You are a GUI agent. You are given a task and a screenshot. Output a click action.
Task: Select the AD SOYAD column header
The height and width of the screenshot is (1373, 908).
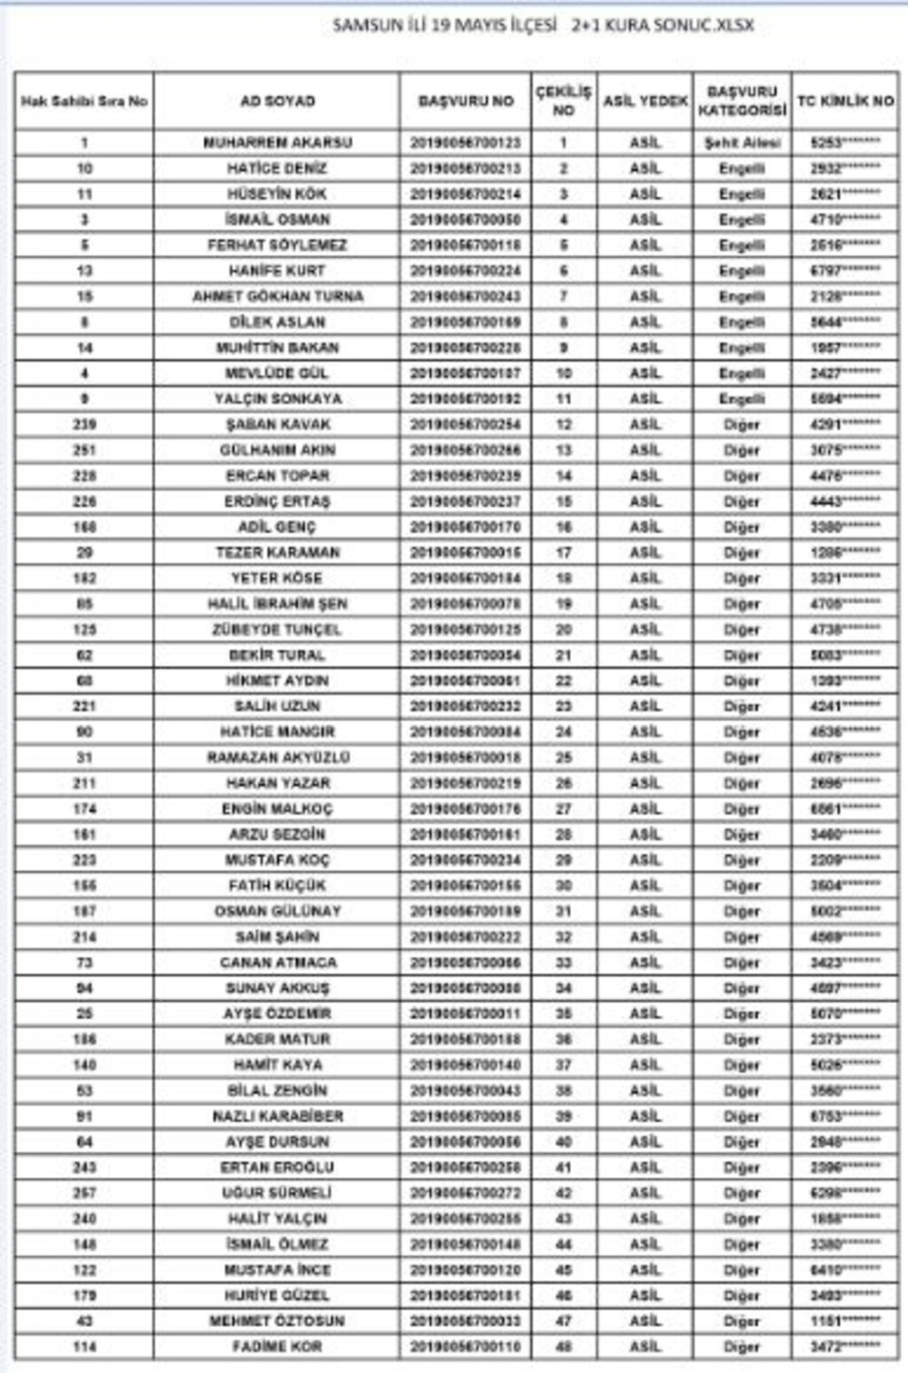[278, 101]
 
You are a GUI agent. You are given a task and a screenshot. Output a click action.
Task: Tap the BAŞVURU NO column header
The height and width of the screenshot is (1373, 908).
[466, 101]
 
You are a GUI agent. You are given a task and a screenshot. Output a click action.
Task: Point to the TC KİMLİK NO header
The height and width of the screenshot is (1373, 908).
[845, 101]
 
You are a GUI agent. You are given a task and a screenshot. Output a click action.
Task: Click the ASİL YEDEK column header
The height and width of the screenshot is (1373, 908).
[646, 101]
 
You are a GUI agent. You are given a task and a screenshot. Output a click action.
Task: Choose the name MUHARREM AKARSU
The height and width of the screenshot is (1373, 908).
[278, 142]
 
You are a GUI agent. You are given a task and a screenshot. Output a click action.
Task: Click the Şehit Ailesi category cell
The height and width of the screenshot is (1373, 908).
[742, 142]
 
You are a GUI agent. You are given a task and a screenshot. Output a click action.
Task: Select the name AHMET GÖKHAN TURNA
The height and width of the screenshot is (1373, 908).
[278, 296]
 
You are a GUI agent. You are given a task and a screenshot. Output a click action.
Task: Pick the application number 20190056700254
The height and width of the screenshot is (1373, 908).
[466, 424]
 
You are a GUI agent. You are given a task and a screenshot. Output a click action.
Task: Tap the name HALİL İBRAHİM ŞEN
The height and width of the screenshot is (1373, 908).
[278, 604]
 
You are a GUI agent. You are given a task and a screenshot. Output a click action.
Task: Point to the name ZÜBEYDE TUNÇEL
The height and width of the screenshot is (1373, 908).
[278, 630]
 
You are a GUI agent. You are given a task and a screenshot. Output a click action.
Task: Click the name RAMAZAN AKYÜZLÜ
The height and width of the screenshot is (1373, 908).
[278, 757]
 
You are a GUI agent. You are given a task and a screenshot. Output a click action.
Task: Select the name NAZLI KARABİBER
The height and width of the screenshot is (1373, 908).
[278, 1116]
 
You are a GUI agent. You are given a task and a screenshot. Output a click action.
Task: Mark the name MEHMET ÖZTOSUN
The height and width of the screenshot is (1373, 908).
[278, 1321]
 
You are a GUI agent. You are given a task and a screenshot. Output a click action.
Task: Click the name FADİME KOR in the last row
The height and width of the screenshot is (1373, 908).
[278, 1346]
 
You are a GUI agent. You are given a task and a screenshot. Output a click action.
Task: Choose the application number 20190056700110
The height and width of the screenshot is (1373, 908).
[466, 1346]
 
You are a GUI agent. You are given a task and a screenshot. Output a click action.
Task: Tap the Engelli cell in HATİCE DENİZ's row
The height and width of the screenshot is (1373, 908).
[742, 168]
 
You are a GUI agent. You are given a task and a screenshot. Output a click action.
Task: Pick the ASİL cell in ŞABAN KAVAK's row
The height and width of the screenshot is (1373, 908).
[646, 424]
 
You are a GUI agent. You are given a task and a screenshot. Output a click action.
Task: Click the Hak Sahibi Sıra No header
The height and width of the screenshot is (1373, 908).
[84, 101]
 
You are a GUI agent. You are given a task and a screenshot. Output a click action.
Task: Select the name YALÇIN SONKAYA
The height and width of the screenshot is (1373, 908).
[278, 398]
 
